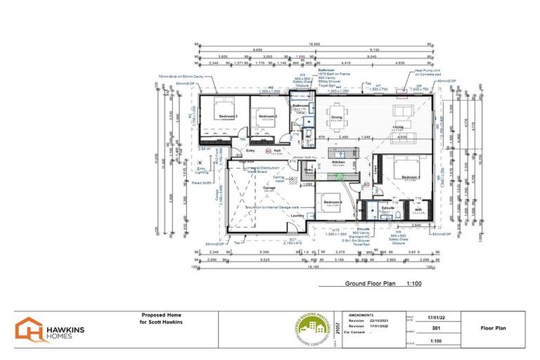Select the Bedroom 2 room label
tap(266, 116)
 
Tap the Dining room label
tap(336, 117)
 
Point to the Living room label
tap(398, 127)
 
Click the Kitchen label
tap(339, 162)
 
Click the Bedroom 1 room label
tap(410, 178)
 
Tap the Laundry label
tap(297, 216)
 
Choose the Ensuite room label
tap(387, 208)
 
